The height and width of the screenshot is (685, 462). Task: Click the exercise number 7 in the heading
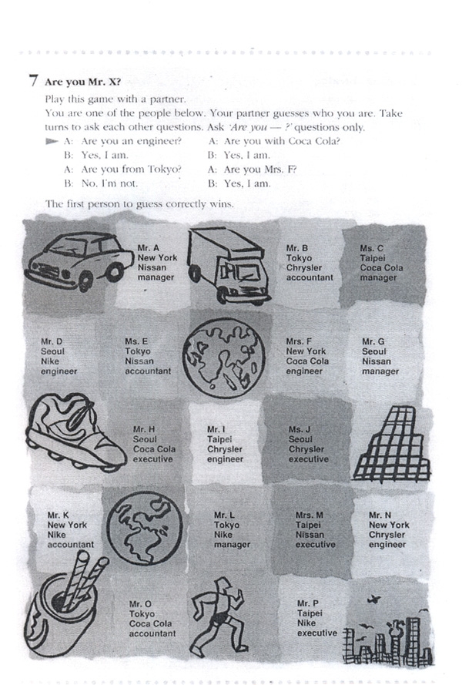point(33,81)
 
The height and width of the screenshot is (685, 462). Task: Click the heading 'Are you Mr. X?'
point(82,82)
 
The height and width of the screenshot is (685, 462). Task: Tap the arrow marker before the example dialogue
point(52,141)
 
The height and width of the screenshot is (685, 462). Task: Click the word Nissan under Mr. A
point(152,267)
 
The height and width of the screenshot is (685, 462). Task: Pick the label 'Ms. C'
point(372,248)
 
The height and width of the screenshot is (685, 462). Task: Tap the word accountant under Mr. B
point(310,277)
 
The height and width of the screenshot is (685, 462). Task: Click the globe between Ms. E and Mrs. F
point(224,358)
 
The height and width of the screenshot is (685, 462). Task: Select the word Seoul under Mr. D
point(52,351)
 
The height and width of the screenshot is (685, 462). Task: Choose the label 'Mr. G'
point(373,341)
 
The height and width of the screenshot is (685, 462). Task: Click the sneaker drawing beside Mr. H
point(76,432)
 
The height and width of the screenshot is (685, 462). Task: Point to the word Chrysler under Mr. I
point(224,449)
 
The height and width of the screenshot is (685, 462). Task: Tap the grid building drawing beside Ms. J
point(392,442)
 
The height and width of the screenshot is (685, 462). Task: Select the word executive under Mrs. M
point(315,544)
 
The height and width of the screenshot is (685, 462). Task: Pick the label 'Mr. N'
point(380,515)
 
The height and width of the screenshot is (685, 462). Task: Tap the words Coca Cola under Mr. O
point(150,624)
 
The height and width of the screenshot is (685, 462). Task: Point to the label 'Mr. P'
point(308,603)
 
